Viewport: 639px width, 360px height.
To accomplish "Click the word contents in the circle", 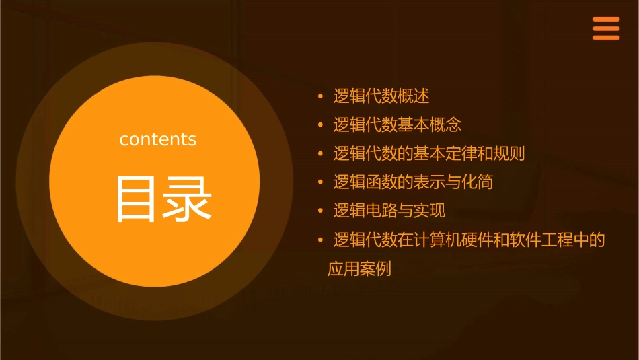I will (158, 139).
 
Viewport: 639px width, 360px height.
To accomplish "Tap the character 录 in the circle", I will (184, 199).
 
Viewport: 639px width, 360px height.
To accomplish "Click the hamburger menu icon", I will (605, 29).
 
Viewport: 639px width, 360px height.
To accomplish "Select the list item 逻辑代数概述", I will (381, 96).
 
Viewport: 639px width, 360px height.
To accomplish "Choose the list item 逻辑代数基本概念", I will (398, 125).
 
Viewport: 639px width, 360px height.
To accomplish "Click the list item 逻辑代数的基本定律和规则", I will (429, 153).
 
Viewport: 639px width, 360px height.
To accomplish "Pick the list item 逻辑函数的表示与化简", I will (414, 182).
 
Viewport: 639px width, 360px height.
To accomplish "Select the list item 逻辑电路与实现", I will (389, 211).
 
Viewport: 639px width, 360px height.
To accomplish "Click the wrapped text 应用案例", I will (359, 269).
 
